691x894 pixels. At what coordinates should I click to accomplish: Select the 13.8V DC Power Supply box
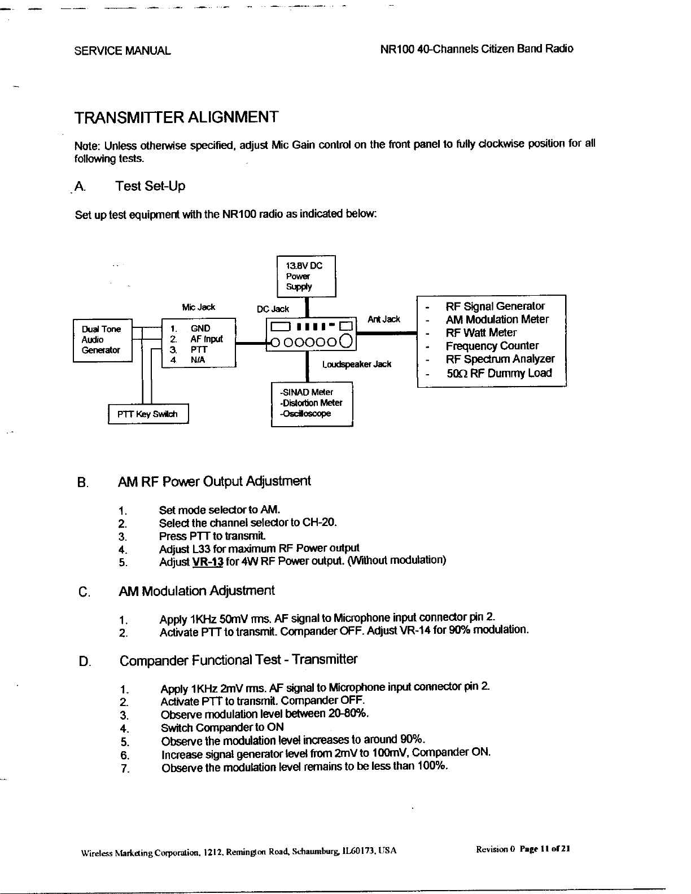tap(306, 276)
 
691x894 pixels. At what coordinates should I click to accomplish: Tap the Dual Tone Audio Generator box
tap(102, 340)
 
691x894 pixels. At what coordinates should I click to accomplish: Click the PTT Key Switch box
tap(148, 414)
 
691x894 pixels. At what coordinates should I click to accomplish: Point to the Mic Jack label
tap(198, 308)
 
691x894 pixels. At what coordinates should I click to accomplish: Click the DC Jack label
tap(273, 309)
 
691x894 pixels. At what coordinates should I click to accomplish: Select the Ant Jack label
tap(383, 319)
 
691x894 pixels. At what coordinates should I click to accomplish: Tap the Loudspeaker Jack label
tap(356, 365)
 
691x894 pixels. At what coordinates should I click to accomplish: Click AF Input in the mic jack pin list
tap(206, 339)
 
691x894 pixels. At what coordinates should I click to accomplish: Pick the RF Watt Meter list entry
tap(480, 333)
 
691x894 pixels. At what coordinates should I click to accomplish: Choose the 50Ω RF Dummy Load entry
tap(498, 373)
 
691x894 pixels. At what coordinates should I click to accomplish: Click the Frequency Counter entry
tap(492, 346)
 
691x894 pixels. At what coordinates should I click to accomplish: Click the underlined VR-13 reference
tap(208, 562)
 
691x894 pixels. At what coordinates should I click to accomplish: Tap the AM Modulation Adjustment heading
tap(196, 591)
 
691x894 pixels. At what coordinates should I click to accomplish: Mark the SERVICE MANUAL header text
tap(123, 51)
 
